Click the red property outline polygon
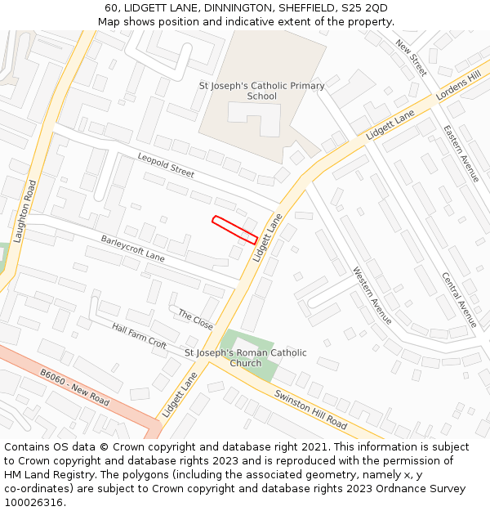[235, 230]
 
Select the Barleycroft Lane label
[132, 249]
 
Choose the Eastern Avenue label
[461, 153]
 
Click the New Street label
[411, 58]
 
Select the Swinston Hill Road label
[311, 410]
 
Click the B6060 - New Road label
[74, 388]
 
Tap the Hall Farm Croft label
[140, 335]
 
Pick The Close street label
[195, 320]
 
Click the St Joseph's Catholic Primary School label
[262, 91]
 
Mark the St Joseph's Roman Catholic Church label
[246, 358]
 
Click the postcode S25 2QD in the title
[364, 8]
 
